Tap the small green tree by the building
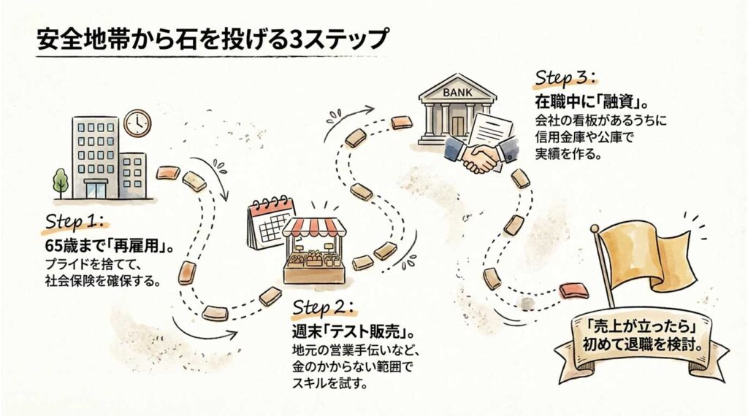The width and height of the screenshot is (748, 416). [60, 180]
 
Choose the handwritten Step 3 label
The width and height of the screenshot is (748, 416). [567, 78]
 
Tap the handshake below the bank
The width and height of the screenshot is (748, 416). [478, 158]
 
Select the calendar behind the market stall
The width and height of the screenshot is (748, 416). [267, 222]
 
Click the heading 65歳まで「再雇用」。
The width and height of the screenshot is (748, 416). [110, 244]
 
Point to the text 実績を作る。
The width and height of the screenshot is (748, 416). [565, 154]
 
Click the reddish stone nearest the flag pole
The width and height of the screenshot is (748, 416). [573, 292]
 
